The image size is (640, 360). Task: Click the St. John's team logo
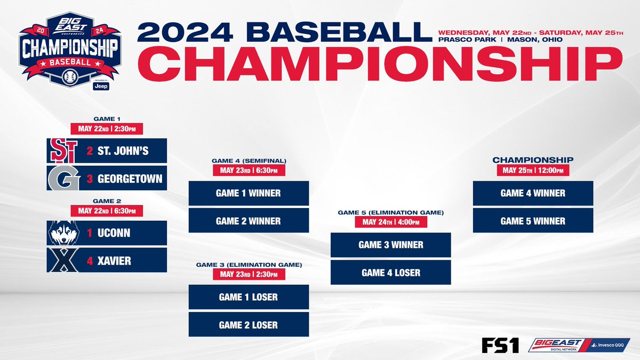point(62,150)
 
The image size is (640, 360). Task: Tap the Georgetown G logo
point(62,178)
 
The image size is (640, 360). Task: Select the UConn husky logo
point(62,233)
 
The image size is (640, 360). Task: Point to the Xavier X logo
point(62,261)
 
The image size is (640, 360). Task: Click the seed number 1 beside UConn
point(90,234)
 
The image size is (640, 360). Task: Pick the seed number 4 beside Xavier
point(90,261)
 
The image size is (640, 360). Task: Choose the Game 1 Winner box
point(249,193)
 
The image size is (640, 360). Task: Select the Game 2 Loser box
point(249,324)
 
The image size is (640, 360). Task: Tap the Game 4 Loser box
point(391,273)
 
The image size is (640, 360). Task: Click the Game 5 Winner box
point(533,221)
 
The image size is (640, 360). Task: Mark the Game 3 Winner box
point(391,245)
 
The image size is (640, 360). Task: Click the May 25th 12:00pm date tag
point(533,170)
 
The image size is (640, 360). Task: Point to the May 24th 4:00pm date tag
point(391,222)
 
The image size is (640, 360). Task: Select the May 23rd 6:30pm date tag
point(249,170)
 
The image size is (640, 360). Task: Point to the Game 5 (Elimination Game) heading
point(391,212)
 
